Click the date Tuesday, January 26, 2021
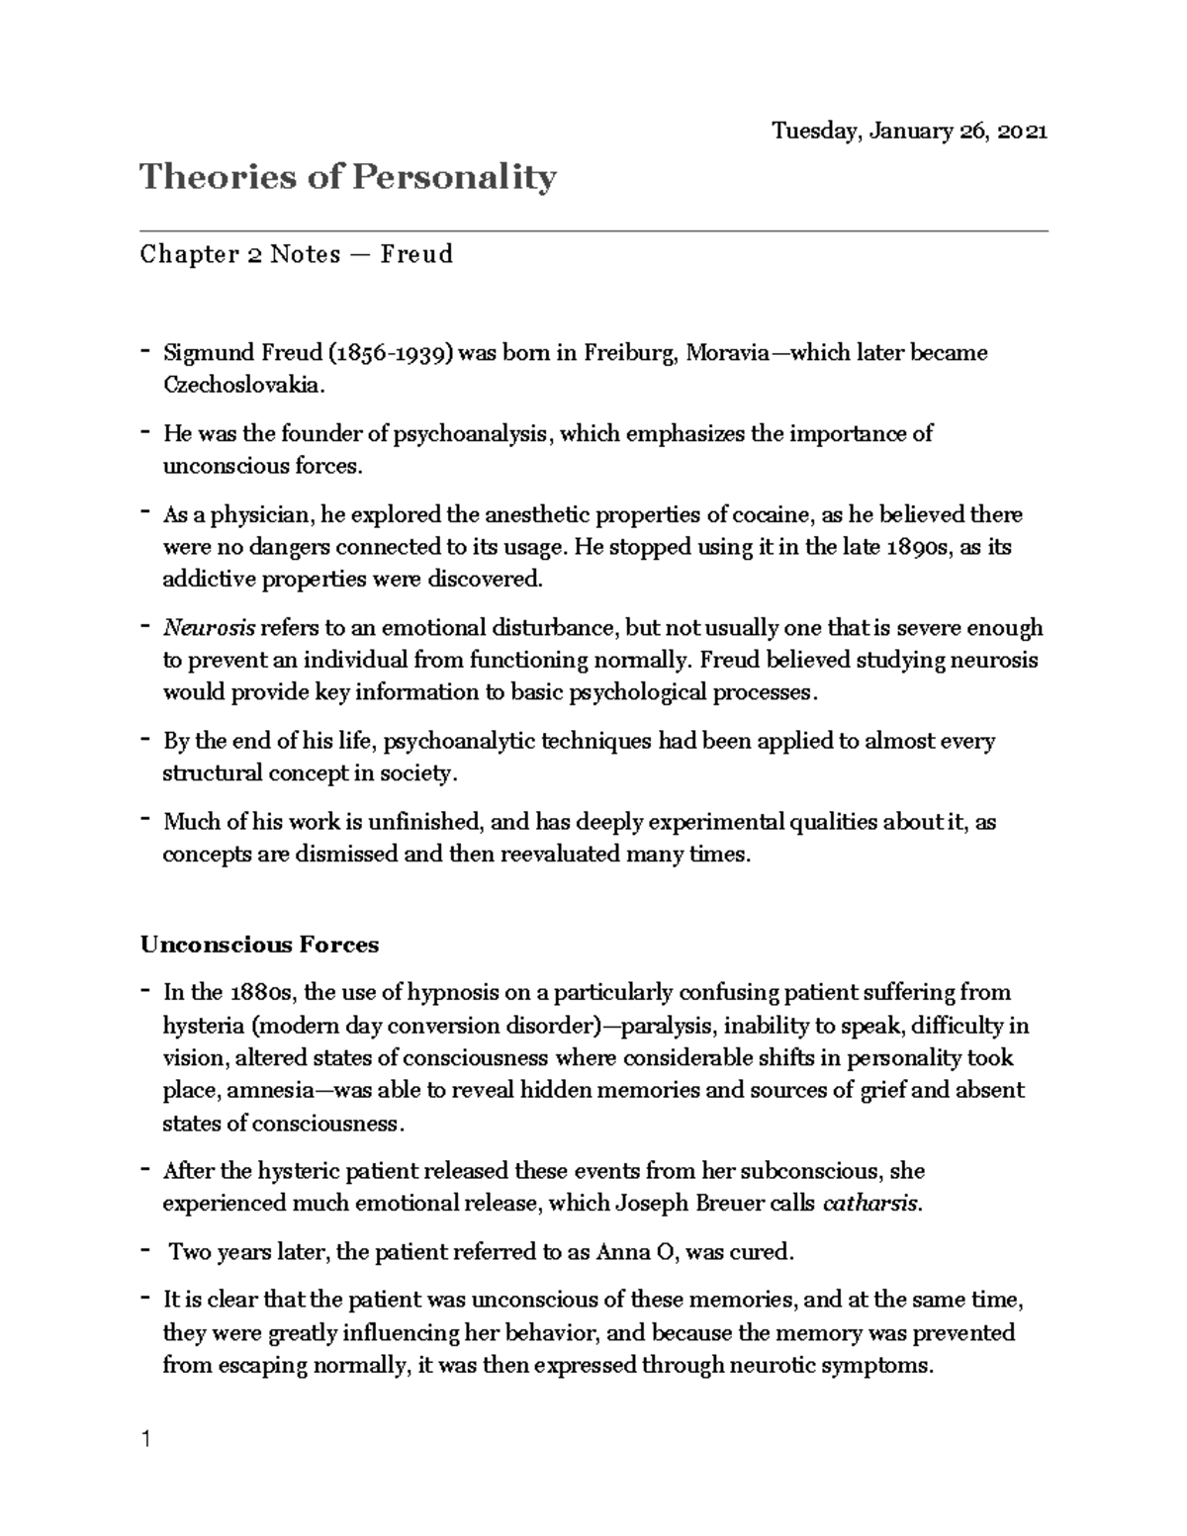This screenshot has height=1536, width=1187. point(909,132)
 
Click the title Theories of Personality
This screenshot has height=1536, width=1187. point(348,178)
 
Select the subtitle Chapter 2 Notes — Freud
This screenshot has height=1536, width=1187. point(297,255)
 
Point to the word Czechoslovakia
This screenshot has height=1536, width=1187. point(242,386)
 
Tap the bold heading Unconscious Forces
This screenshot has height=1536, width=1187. point(259,945)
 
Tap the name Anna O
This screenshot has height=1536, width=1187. point(636,1252)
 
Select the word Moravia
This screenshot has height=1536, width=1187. point(727,353)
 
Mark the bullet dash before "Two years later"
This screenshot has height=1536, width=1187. point(145,1250)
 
